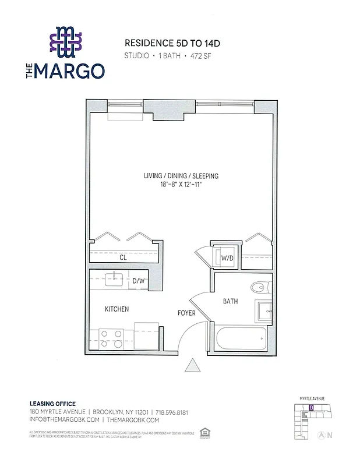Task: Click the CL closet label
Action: coord(123,257)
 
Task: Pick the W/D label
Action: coord(226,257)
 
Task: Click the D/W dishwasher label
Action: coord(138,281)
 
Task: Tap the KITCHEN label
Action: coord(117,309)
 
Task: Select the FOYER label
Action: coord(186,313)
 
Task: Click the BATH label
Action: coord(230,301)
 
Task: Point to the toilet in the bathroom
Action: coord(258,287)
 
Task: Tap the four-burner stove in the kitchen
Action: coord(111,338)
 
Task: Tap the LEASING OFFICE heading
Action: coord(52,404)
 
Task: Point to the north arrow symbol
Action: coord(320,435)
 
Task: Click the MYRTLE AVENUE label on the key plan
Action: coord(312,398)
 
